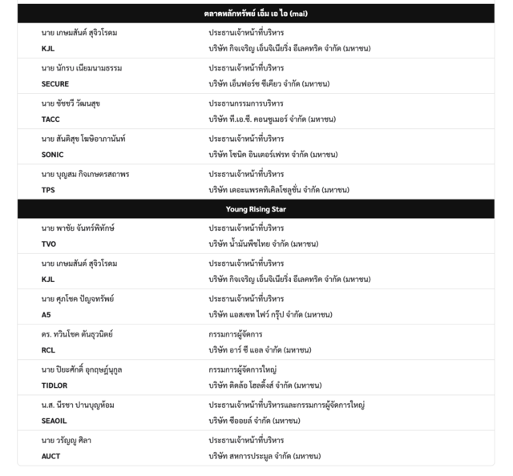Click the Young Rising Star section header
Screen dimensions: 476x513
[256, 209]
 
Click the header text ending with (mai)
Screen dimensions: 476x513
[256, 14]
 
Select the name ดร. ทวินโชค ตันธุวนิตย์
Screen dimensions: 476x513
[77, 334]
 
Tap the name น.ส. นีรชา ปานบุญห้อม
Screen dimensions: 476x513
[78, 405]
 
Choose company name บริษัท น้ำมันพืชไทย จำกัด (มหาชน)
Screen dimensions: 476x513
[264, 244]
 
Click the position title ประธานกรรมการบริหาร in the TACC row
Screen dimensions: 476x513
[246, 103]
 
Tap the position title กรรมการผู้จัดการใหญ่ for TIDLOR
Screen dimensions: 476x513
[243, 369]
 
